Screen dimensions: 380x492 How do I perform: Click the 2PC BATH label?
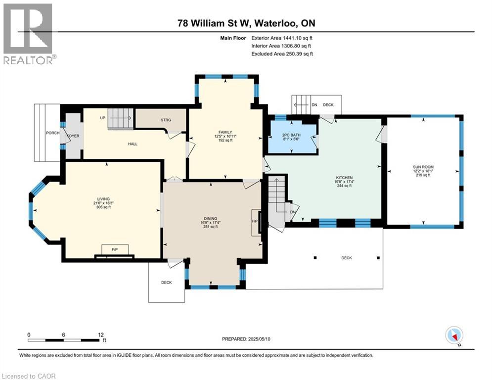click(291, 135)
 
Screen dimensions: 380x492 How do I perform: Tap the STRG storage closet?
click(165, 120)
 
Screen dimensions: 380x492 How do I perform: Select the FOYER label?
click(73, 136)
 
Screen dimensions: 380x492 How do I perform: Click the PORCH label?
click(53, 133)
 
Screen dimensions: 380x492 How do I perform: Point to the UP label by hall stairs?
click(102, 118)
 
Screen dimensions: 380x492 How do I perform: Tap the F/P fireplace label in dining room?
click(255, 221)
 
